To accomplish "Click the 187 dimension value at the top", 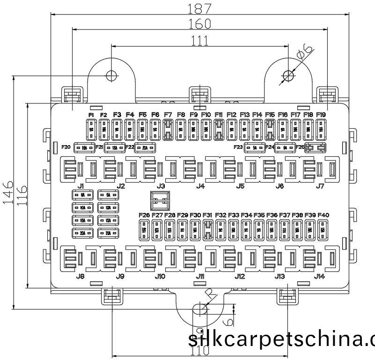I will (199, 8).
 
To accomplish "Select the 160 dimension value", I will (199, 23).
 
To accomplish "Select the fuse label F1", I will (91, 115).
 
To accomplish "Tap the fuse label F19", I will (321, 115).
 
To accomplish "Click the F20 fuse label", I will (66, 147).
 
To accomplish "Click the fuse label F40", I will (324, 215).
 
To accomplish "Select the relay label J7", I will (320, 186).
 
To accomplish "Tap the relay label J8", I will (81, 276).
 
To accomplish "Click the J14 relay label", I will (319, 276).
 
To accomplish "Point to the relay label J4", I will (200, 186).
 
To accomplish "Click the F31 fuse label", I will (208, 215).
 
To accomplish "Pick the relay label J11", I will (200, 276).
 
